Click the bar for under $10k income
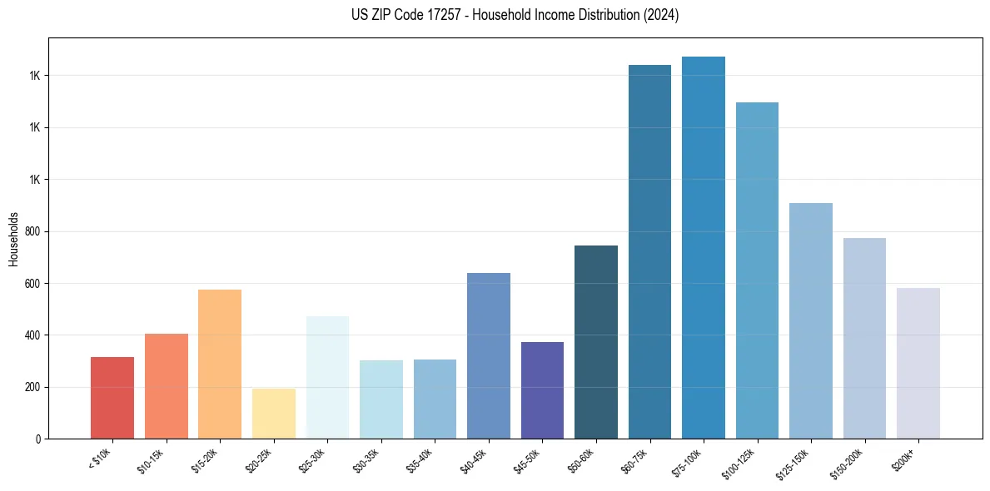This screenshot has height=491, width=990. pyautogui.click(x=112, y=398)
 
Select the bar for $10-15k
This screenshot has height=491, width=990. pyautogui.click(x=166, y=386)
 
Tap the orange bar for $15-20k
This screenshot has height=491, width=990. pyautogui.click(x=220, y=364)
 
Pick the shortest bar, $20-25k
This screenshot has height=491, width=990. pyautogui.click(x=273, y=414)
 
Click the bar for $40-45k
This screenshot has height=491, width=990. pyautogui.click(x=489, y=355)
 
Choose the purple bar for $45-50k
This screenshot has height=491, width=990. pyautogui.click(x=542, y=390)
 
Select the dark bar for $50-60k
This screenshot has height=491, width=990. pyautogui.click(x=596, y=342)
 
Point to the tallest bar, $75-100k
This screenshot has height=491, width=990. pyautogui.click(x=704, y=247)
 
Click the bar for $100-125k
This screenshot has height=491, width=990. pyautogui.click(x=757, y=270)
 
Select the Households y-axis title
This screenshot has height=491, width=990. pyautogui.click(x=14, y=238)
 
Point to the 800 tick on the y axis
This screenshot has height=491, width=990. pyautogui.click(x=32, y=231)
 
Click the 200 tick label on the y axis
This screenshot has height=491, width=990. pyautogui.click(x=32, y=387)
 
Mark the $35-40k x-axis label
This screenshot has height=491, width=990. pyautogui.click(x=420, y=460)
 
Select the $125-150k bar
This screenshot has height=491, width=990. pyautogui.click(x=811, y=320)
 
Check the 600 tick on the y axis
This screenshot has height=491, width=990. pyautogui.click(x=32, y=283)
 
